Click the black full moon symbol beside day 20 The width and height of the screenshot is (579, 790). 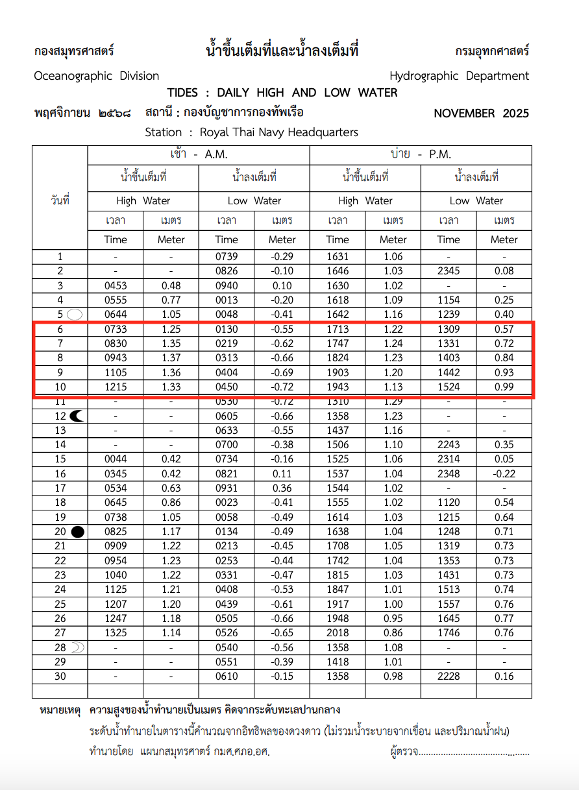[77, 532]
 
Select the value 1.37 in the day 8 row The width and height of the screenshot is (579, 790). [171, 358]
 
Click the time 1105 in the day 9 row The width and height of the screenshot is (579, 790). [116, 373]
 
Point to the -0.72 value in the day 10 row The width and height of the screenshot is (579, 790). [282, 387]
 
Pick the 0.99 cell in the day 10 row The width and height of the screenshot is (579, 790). [504, 387]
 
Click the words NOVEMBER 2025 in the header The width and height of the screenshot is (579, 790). [481, 114]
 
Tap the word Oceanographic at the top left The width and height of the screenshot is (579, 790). [73, 76]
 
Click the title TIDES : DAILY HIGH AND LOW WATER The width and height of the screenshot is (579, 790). [282, 93]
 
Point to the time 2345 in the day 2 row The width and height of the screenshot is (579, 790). [449, 271]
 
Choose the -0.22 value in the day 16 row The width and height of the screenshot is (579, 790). [504, 474]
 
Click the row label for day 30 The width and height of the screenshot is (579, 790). [60, 676]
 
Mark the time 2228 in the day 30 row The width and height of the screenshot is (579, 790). [449, 676]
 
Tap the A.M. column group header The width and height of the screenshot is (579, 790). [199, 154]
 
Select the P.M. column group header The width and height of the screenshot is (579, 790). [421, 154]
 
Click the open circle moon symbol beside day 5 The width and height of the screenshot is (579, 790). [75, 315]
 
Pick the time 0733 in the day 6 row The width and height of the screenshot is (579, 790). [116, 329]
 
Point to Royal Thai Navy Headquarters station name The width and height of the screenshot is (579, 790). [278, 132]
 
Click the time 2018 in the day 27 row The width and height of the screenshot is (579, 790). [338, 633]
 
